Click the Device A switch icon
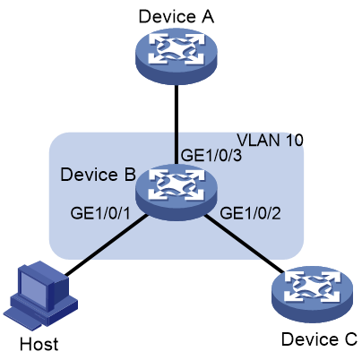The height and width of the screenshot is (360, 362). [177, 56]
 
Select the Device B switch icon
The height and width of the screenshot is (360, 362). [177, 193]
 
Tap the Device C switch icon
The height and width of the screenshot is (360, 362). [312, 295]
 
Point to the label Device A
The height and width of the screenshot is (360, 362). [177, 16]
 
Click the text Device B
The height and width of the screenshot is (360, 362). [98, 175]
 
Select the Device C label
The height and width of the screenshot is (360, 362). [319, 339]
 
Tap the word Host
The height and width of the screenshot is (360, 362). [39, 344]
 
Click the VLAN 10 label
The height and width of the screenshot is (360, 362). [270, 140]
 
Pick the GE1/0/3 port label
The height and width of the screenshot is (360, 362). [211, 156]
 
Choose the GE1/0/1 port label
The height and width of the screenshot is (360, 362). [100, 213]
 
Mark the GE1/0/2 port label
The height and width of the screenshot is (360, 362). [250, 213]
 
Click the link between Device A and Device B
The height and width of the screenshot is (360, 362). [177, 124]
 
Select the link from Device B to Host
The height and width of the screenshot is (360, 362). [107, 244]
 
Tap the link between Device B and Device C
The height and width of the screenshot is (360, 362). [244, 244]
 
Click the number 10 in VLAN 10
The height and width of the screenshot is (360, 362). [294, 140]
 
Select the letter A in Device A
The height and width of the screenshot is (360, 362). [207, 16]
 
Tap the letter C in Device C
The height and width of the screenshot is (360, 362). [350, 339]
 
